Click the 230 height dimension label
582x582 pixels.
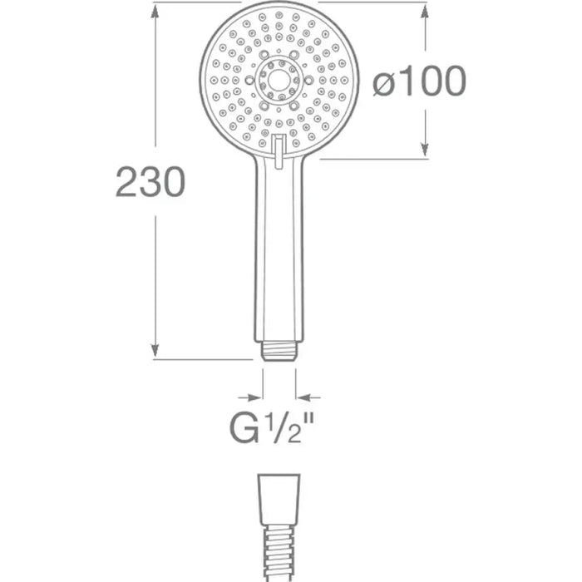point(150,182)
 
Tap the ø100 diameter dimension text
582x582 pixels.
point(418,81)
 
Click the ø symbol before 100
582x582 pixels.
point(383,82)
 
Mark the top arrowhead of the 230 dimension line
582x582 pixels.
point(154,10)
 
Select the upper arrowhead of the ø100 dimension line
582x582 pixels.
point(425,11)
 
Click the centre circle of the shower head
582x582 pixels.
point(279,80)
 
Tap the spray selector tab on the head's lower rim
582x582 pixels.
point(279,145)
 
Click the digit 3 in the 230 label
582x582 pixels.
point(150,182)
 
